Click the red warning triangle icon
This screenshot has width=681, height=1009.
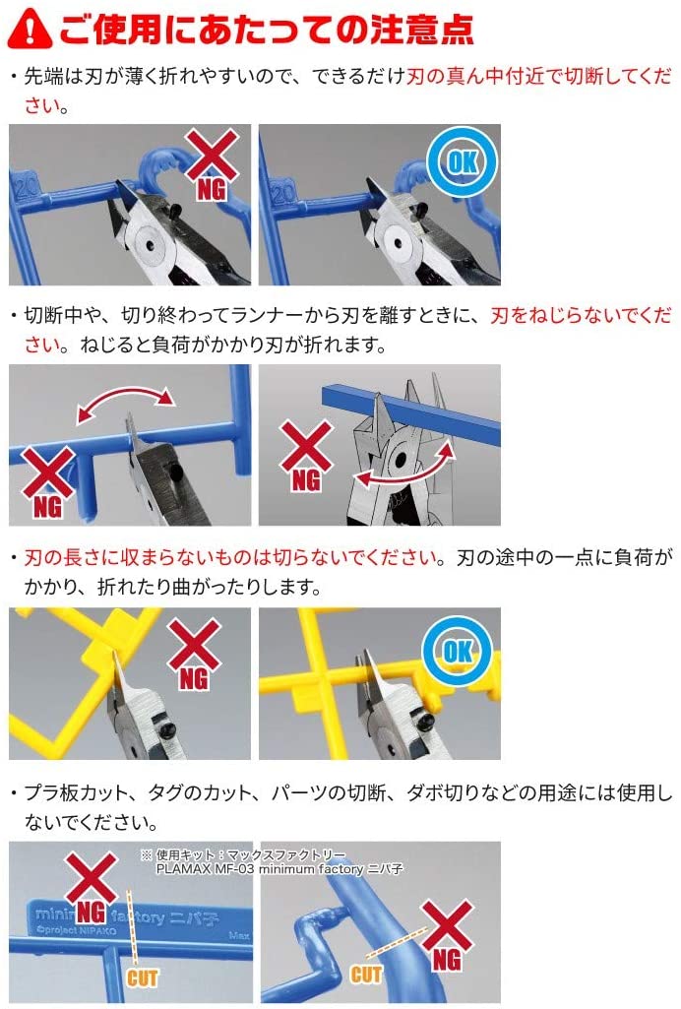[x=30, y=29]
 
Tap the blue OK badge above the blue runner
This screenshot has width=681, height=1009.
[x=463, y=160]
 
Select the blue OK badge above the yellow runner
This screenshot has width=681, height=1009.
[x=458, y=652]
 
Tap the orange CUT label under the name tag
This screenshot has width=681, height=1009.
[x=142, y=978]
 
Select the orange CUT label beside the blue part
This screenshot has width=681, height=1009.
[x=365, y=975]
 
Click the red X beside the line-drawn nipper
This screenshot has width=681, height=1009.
[x=307, y=446]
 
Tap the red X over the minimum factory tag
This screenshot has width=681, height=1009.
[x=92, y=877]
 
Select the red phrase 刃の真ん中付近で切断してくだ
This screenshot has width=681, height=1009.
[x=539, y=77]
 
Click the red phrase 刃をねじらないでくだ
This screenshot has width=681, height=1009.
[x=581, y=315]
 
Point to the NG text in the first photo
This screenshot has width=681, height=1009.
[x=212, y=190]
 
